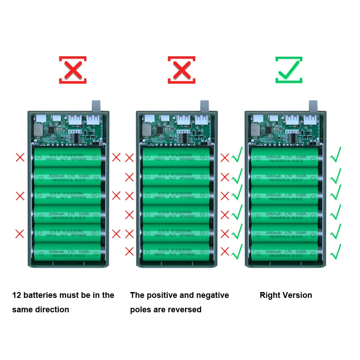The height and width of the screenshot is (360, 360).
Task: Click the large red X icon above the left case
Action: tap(72, 70)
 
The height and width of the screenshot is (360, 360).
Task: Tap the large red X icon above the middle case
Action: tap(181, 70)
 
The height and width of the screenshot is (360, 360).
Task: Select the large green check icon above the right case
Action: tap(289, 70)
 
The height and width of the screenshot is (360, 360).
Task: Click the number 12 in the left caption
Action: tap(17, 295)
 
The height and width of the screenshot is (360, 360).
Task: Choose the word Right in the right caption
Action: tap(270, 295)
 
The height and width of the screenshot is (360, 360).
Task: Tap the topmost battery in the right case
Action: tap(286, 158)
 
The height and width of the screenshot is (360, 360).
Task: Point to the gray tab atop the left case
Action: tap(95, 105)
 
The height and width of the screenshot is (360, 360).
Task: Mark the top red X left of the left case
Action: tap(20, 157)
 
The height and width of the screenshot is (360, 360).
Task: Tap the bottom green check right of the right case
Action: tap(335, 253)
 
